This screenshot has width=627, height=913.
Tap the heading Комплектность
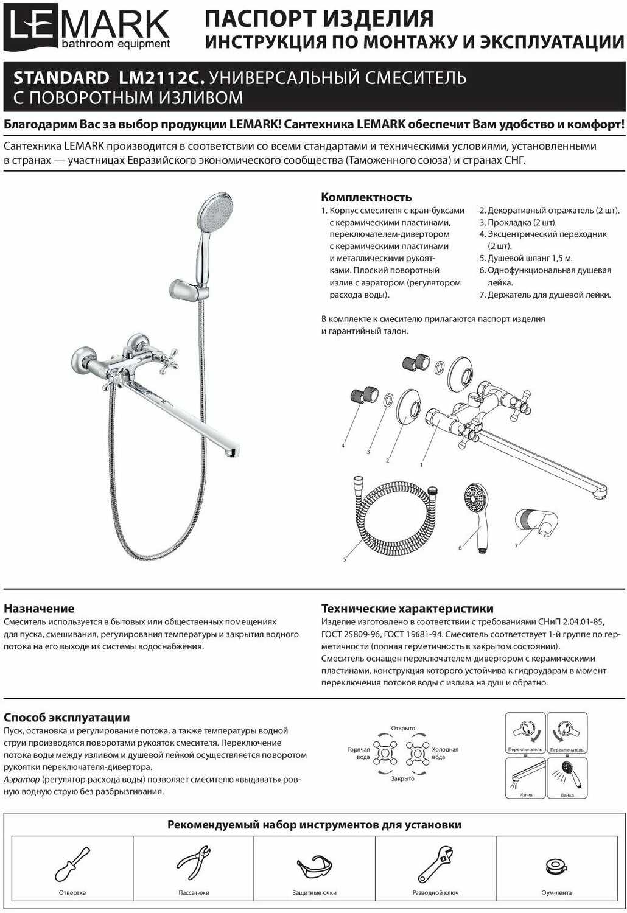[366, 197]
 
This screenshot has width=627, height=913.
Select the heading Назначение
[39, 608]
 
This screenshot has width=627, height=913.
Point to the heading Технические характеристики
[407, 608]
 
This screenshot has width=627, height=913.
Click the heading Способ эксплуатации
[66, 717]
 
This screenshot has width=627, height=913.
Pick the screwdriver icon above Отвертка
[72, 864]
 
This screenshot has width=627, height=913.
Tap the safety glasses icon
[315, 867]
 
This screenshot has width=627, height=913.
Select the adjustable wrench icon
[435, 864]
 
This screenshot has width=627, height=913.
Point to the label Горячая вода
[359, 754]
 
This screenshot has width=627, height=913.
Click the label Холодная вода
[445, 754]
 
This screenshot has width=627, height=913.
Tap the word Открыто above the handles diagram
[403, 728]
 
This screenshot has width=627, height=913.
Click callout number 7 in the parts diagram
[516, 546]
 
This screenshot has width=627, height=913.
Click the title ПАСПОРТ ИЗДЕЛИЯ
[319, 19]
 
